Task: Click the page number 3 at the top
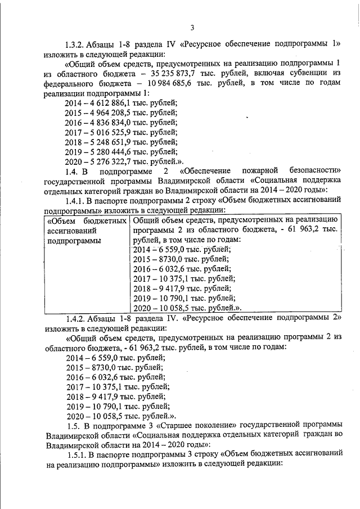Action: click(x=192, y=28)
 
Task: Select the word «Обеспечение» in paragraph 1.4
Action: click(x=206, y=171)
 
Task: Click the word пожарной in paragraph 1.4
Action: click(x=263, y=171)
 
